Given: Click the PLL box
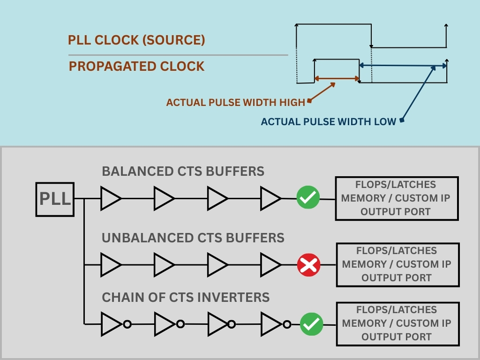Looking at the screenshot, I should tap(55, 199).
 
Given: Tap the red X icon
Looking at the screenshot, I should tap(308, 266).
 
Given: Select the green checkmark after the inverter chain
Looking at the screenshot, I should tap(312, 324).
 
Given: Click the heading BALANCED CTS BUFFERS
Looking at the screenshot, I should tap(183, 172).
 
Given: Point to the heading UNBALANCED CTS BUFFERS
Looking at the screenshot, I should tap(193, 238).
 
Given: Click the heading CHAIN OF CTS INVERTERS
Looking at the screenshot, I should tap(186, 297).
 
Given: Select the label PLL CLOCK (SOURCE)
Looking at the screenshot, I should tap(136, 40).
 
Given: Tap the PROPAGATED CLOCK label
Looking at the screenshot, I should tap(136, 67).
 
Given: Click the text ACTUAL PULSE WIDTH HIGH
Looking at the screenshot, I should tap(235, 102).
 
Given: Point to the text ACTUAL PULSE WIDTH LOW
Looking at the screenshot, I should tap(329, 122).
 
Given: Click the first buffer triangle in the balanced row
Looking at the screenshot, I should tap(111, 198).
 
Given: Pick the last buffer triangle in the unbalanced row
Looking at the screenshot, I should tap(270, 265).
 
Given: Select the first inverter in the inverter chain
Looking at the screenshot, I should tap(112, 324).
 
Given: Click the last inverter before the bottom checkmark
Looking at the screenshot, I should tap(273, 324).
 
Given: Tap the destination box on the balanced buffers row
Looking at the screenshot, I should tap(397, 198).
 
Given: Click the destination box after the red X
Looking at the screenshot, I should tap(397, 265).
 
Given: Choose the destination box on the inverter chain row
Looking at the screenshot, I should tap(397, 323).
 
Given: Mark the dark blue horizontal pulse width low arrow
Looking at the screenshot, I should tap(403, 66).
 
